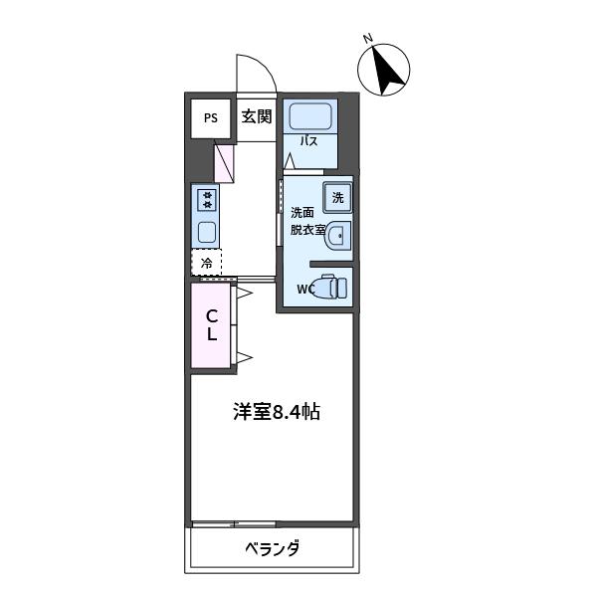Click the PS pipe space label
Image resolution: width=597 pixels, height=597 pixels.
[x=211, y=118]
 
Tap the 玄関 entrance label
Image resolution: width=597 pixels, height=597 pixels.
[x=257, y=116]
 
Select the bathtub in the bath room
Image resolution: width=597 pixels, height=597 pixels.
[x=310, y=116]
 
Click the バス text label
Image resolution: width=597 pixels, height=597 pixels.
[x=308, y=141]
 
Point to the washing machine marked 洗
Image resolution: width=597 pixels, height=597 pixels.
[x=337, y=198]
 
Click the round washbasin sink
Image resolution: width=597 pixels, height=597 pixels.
[x=337, y=236]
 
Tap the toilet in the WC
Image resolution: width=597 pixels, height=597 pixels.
[x=329, y=288]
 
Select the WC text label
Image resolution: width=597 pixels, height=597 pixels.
[x=304, y=290]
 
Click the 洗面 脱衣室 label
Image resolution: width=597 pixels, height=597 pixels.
[x=307, y=222]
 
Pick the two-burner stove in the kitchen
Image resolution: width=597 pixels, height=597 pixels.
[x=208, y=200]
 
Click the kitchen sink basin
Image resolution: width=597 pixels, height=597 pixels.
[x=208, y=232]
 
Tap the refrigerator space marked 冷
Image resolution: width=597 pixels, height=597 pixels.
[x=206, y=263]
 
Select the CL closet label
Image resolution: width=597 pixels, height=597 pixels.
[x=212, y=324]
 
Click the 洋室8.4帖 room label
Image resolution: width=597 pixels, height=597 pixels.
[x=277, y=412]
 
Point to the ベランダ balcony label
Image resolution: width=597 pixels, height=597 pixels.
[x=273, y=548]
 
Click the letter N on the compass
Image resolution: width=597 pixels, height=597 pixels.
[x=368, y=38]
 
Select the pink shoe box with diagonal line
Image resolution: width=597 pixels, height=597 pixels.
[x=224, y=162]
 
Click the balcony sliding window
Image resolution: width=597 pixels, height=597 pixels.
[x=234, y=524]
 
